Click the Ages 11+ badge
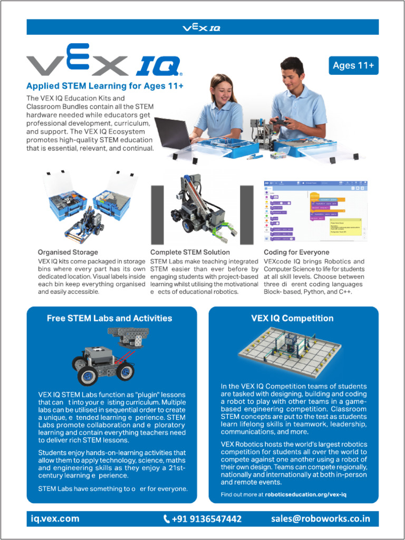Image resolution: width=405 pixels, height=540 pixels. point(353,65)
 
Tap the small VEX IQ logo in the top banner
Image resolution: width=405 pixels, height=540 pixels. point(201,27)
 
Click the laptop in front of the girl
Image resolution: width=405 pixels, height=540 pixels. point(174,133)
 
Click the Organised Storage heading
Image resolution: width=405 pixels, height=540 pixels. point(67,252)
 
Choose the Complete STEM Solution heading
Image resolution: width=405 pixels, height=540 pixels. point(190,252)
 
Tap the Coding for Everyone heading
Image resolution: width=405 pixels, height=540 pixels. point(296,252)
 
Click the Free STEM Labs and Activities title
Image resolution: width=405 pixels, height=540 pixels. point(109,319)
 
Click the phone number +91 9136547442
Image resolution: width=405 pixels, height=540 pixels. point(207,519)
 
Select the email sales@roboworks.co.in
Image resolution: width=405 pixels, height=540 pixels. point(321,518)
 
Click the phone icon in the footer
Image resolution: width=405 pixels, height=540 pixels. point(167,519)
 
